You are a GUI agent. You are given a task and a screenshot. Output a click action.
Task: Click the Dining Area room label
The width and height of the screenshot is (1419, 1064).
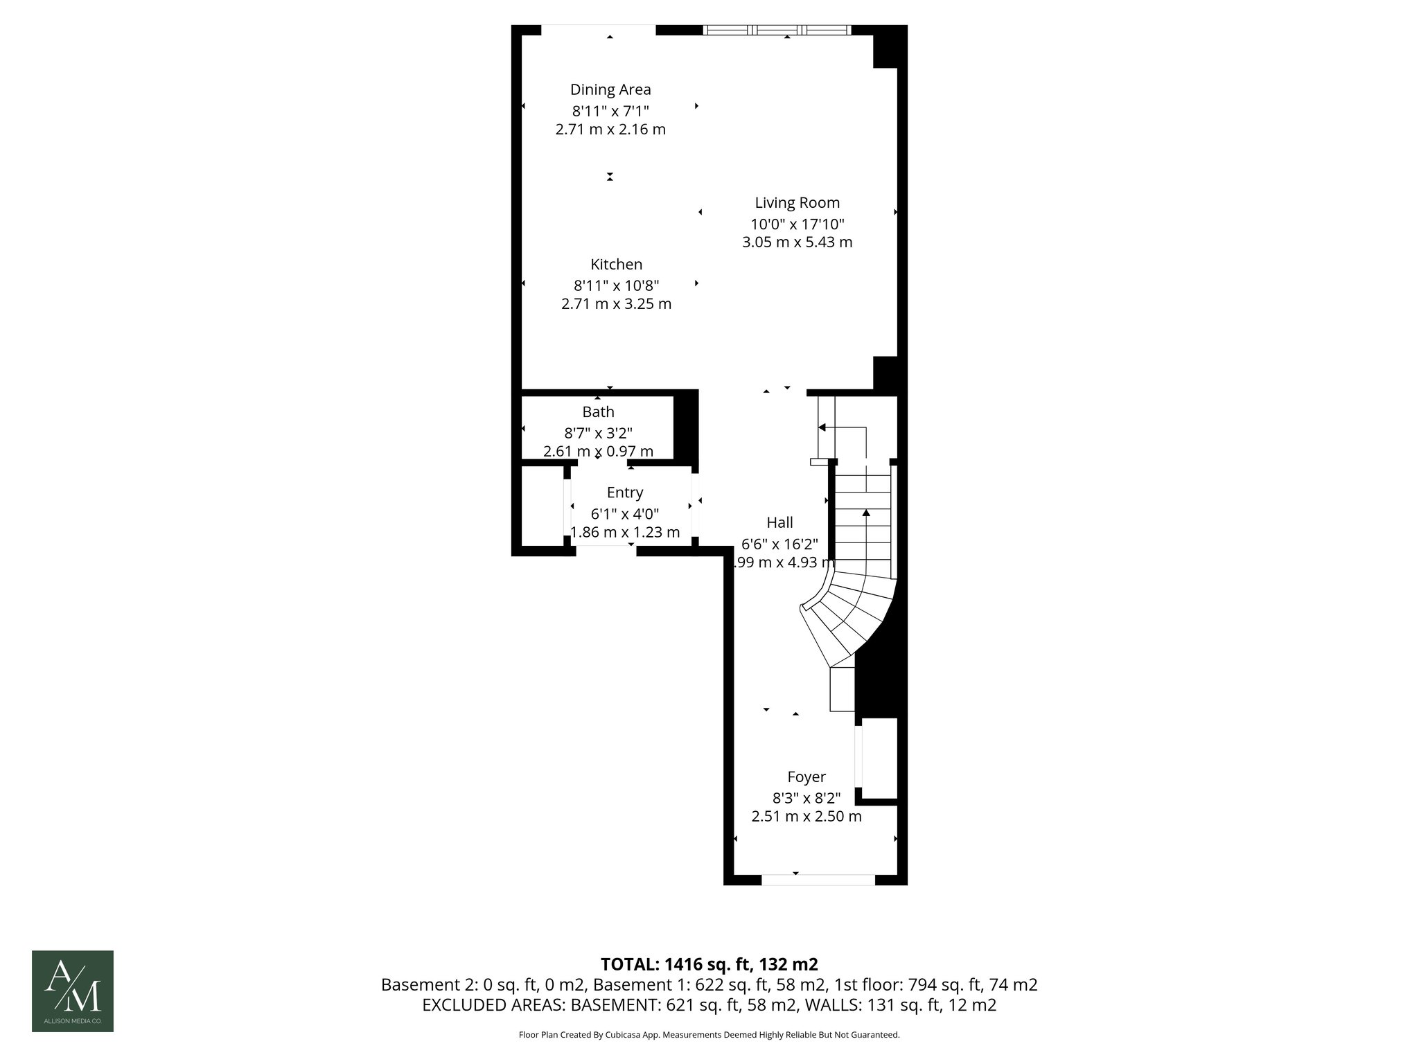click(610, 89)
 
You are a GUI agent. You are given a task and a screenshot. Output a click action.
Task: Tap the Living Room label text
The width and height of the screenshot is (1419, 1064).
click(797, 203)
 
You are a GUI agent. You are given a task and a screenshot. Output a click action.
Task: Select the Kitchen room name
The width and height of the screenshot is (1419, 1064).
click(616, 265)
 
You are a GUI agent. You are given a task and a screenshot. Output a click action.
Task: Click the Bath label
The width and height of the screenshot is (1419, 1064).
click(598, 412)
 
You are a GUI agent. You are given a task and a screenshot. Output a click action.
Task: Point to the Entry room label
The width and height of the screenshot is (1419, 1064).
click(625, 493)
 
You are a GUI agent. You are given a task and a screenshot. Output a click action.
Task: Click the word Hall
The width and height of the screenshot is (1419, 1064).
click(779, 523)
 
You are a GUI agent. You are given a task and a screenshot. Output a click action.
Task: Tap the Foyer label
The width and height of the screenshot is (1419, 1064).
click(807, 777)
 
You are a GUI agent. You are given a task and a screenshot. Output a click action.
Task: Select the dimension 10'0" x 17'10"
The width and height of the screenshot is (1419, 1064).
click(797, 224)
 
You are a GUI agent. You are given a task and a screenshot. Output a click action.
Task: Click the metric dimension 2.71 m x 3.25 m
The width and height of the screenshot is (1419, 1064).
click(616, 304)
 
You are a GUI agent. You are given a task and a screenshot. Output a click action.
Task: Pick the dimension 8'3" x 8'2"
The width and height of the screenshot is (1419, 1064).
click(807, 797)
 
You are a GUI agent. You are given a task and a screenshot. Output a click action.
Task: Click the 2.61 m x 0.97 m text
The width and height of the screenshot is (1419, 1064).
click(598, 452)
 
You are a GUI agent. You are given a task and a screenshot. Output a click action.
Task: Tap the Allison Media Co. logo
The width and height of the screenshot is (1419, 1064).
click(73, 991)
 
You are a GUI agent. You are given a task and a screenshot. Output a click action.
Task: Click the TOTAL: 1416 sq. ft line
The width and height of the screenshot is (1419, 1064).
click(709, 964)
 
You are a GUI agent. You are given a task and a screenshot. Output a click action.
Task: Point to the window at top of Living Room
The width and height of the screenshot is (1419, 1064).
click(777, 30)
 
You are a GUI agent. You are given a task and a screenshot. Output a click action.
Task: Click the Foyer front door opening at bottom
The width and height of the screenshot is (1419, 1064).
click(818, 880)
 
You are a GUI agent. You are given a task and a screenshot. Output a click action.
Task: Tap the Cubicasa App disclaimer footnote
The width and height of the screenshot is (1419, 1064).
click(709, 1035)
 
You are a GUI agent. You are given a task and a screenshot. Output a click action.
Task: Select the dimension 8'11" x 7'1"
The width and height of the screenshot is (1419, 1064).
click(610, 110)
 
